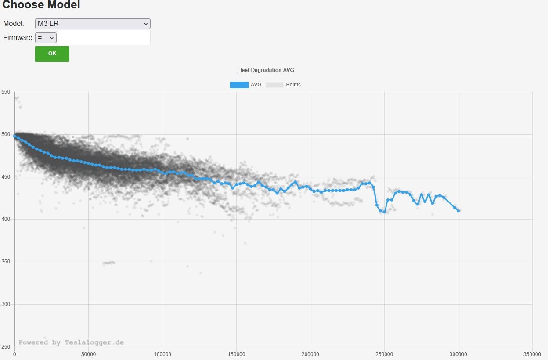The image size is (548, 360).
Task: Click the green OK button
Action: point(52,54)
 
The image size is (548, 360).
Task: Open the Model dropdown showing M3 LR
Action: point(93,24)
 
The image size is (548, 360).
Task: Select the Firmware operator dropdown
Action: point(46,38)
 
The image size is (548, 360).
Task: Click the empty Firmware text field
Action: point(104,38)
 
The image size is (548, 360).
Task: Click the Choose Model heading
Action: point(41,5)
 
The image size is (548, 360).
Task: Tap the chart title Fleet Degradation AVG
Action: point(265,70)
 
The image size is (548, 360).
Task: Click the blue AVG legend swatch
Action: point(239,85)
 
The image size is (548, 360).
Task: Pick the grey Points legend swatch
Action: point(275,85)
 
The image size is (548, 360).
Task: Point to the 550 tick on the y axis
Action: point(6,92)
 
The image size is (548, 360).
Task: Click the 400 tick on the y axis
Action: point(6,219)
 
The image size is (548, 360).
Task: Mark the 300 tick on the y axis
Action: point(6,304)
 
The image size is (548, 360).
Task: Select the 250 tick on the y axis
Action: point(6,347)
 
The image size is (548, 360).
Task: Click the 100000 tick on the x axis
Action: point(162,353)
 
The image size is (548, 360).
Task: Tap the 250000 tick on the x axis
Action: point(384,353)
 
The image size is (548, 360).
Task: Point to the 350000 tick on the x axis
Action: point(532,353)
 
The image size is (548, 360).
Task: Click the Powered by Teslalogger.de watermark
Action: point(71,342)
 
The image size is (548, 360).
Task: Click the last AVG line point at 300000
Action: point(458,211)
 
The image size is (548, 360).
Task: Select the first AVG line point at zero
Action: point(15,136)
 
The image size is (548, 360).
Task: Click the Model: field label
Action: point(13,24)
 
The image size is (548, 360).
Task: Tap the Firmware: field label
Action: point(18,38)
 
